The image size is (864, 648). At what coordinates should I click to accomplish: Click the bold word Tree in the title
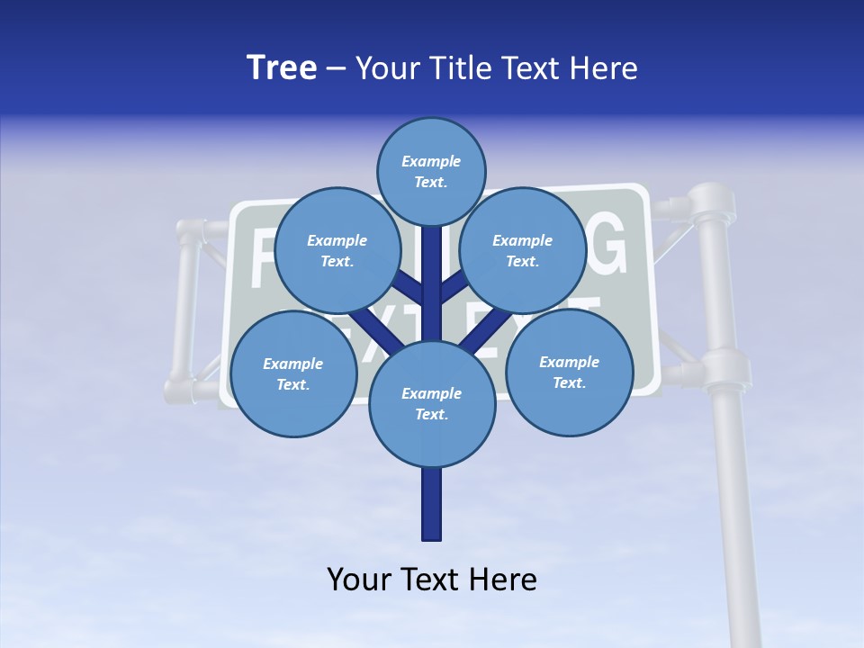[282, 67]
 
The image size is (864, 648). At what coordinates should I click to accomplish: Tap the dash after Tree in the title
[337, 69]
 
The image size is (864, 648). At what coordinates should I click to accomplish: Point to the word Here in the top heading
[603, 67]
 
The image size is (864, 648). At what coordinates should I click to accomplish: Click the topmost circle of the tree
[431, 171]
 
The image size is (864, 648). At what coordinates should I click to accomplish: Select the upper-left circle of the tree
[337, 250]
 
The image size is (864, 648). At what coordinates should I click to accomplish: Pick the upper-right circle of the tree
[523, 250]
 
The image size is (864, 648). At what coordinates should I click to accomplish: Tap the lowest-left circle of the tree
[293, 373]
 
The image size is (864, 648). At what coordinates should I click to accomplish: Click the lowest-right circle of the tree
[569, 371]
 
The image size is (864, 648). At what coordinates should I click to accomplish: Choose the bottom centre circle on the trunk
[432, 404]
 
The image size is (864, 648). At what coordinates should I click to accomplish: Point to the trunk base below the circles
[432, 504]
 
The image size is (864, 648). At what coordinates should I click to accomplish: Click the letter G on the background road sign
[605, 245]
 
